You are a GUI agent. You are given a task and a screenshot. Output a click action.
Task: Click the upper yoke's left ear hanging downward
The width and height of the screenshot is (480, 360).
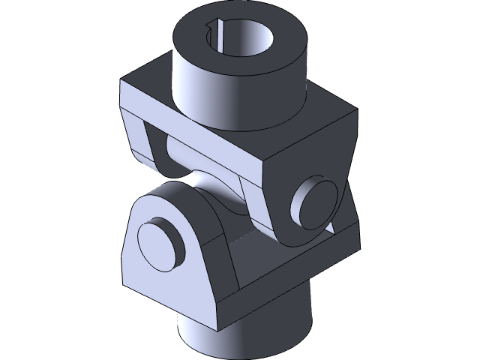146,142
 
